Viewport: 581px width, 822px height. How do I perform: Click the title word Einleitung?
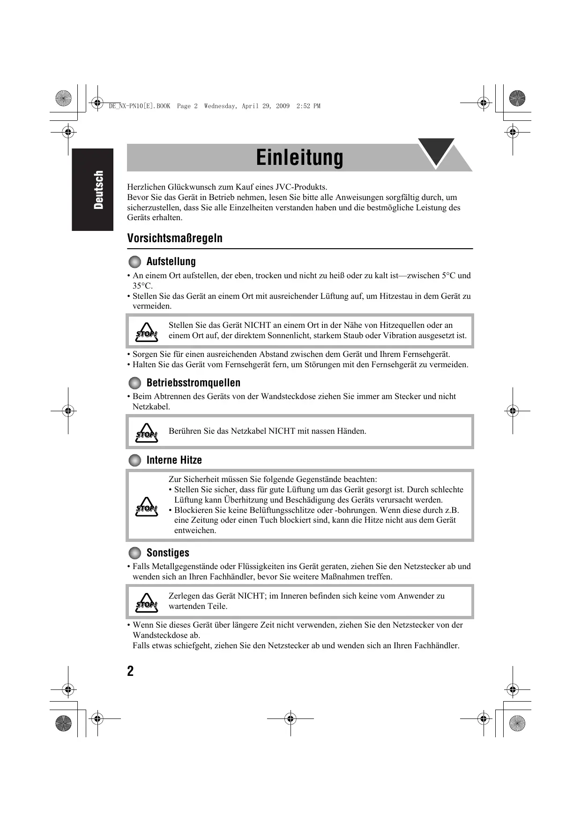click(x=299, y=157)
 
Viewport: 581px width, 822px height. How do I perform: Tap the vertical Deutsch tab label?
click(x=98, y=190)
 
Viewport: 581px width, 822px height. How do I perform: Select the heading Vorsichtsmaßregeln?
click(x=175, y=238)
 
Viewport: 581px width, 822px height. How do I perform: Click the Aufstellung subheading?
click(x=171, y=261)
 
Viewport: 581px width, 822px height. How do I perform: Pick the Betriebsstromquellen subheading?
click(x=193, y=383)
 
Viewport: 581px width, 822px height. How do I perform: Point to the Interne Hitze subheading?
click(x=174, y=460)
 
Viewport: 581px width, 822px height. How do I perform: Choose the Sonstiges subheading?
click(x=168, y=553)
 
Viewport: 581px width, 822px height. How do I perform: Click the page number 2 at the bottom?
click(x=130, y=671)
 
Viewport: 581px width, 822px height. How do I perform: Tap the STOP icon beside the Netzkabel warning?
click(x=147, y=433)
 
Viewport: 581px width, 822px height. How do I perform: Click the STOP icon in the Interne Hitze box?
click(x=147, y=507)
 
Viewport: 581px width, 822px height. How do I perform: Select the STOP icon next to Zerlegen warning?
click(x=147, y=603)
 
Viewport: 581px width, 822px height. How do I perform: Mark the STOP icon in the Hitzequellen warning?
click(x=147, y=332)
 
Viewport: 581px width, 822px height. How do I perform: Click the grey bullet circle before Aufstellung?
click(x=134, y=261)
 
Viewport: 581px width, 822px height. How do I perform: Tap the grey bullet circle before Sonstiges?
click(x=134, y=553)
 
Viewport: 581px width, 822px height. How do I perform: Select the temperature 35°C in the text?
click(x=142, y=286)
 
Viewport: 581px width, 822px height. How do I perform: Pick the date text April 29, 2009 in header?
click(x=266, y=106)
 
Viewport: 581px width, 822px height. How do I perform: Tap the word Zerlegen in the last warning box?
click(x=184, y=596)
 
